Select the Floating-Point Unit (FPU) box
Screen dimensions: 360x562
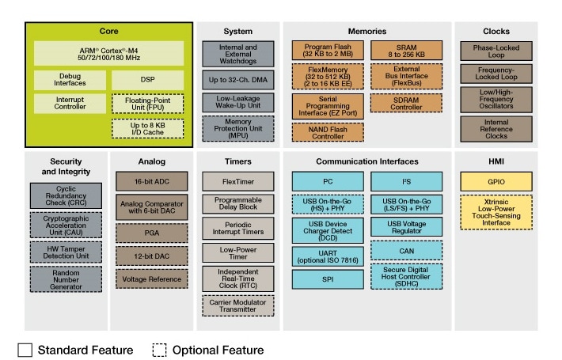pos(147,104)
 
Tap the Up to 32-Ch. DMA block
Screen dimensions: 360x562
pos(237,79)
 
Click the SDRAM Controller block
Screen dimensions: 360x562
pos(406,103)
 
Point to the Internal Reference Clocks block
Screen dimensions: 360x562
pos(496,128)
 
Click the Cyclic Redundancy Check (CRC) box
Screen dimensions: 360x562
pos(66,196)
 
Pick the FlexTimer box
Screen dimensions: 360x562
pos(237,181)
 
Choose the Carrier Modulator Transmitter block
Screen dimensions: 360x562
pos(237,306)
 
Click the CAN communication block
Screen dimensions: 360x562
pos(406,251)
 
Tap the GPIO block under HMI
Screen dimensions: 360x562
pos(496,181)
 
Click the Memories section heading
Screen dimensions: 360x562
pos(366,32)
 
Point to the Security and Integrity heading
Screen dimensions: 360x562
pos(66,166)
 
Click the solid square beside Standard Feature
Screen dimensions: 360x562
pos(25,349)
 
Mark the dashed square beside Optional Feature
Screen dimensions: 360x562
pos(159,349)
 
